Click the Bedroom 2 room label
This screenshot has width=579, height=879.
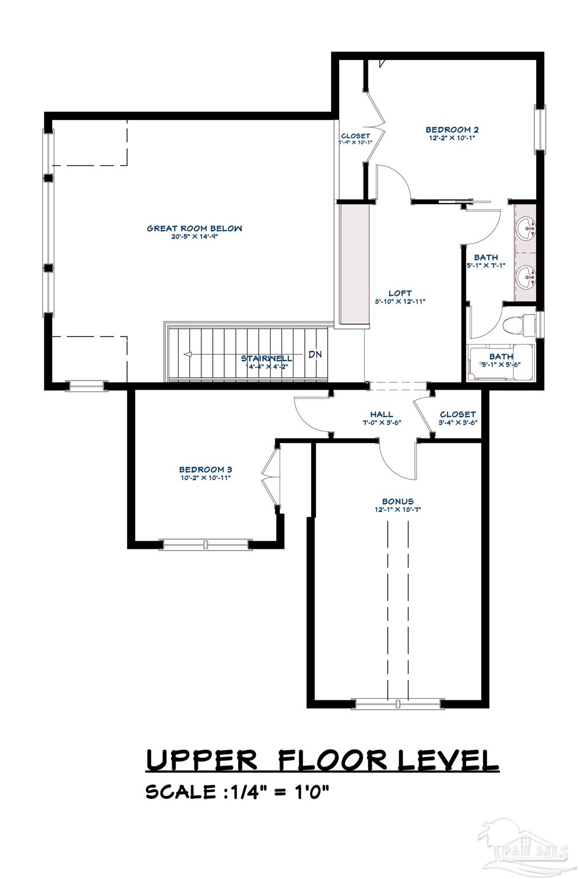coord(451,130)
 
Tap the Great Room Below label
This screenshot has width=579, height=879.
coord(195,228)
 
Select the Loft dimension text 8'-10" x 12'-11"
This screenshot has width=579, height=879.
coord(400,301)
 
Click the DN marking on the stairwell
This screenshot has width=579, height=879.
coord(315,354)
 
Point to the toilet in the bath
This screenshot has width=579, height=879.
coord(514,327)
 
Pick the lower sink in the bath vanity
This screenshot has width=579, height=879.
coord(526,279)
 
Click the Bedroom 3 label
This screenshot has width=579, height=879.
coord(205,469)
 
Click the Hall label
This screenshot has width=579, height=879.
coord(381,415)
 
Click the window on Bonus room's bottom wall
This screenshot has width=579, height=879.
coord(398,703)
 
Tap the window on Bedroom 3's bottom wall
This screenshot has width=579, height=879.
coord(205,544)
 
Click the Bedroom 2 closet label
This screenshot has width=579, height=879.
coord(355,136)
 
